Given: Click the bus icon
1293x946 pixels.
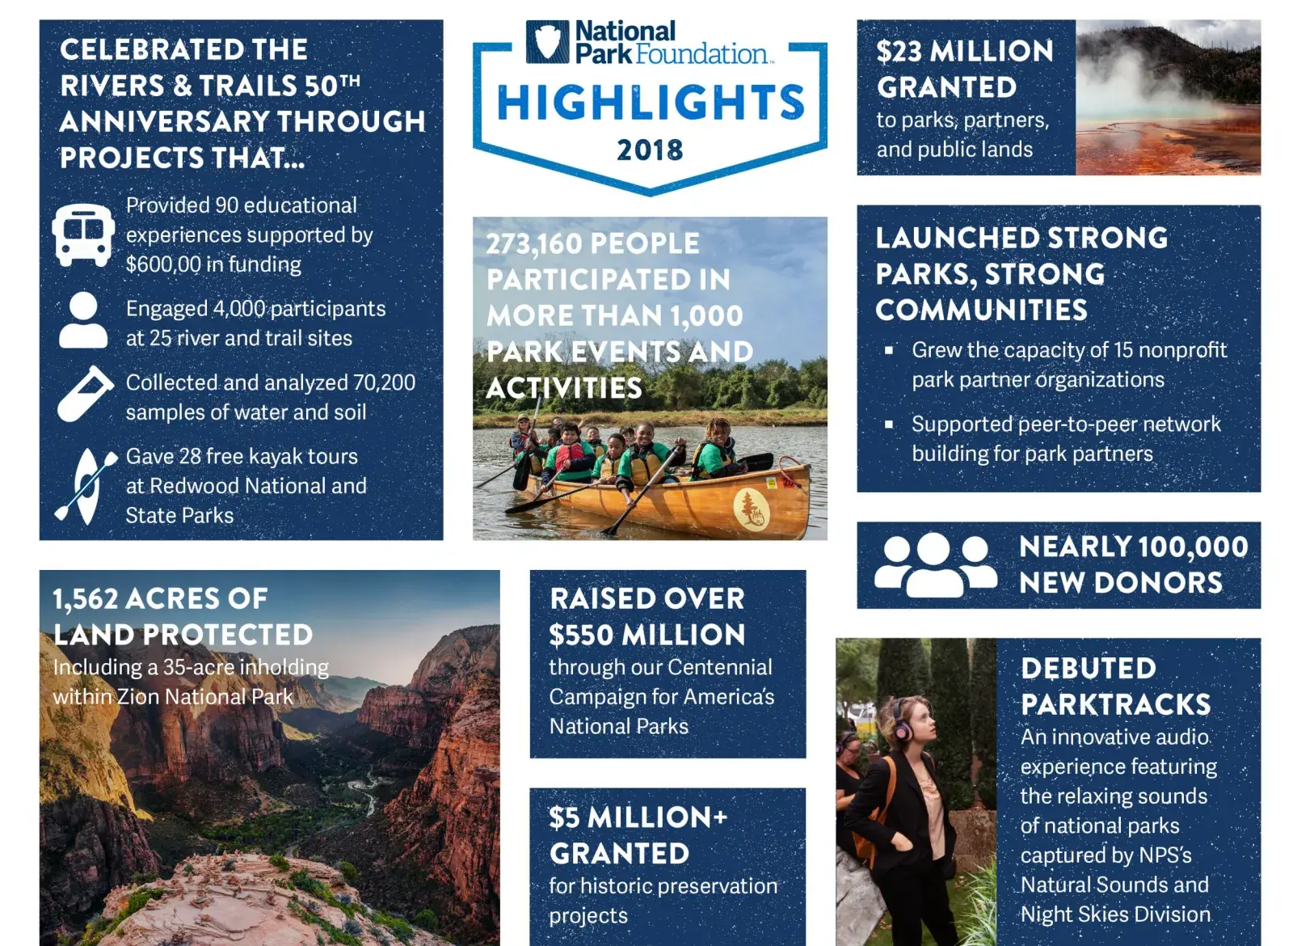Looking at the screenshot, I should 82,235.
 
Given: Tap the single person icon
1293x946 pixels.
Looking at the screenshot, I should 83,320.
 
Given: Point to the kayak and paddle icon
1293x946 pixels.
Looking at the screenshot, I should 86,486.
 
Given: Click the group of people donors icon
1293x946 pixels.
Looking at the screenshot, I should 935,564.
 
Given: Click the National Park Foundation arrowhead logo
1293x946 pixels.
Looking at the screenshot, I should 547,42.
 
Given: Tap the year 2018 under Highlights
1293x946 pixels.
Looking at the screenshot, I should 650,150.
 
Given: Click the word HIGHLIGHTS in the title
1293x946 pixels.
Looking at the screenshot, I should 651,103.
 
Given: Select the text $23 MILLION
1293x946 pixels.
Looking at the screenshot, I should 965,52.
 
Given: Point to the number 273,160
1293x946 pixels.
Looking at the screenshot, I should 533,243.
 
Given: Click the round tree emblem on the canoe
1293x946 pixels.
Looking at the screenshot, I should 751,509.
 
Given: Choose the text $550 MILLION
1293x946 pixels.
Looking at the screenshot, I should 646,636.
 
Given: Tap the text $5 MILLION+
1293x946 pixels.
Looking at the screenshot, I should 638,817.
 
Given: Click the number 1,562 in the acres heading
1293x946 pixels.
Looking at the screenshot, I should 86,599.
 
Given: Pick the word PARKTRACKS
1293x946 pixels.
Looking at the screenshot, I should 1115,705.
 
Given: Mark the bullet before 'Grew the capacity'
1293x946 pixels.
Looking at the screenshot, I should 889,351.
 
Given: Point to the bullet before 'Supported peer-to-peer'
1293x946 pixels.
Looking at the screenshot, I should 889,424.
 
